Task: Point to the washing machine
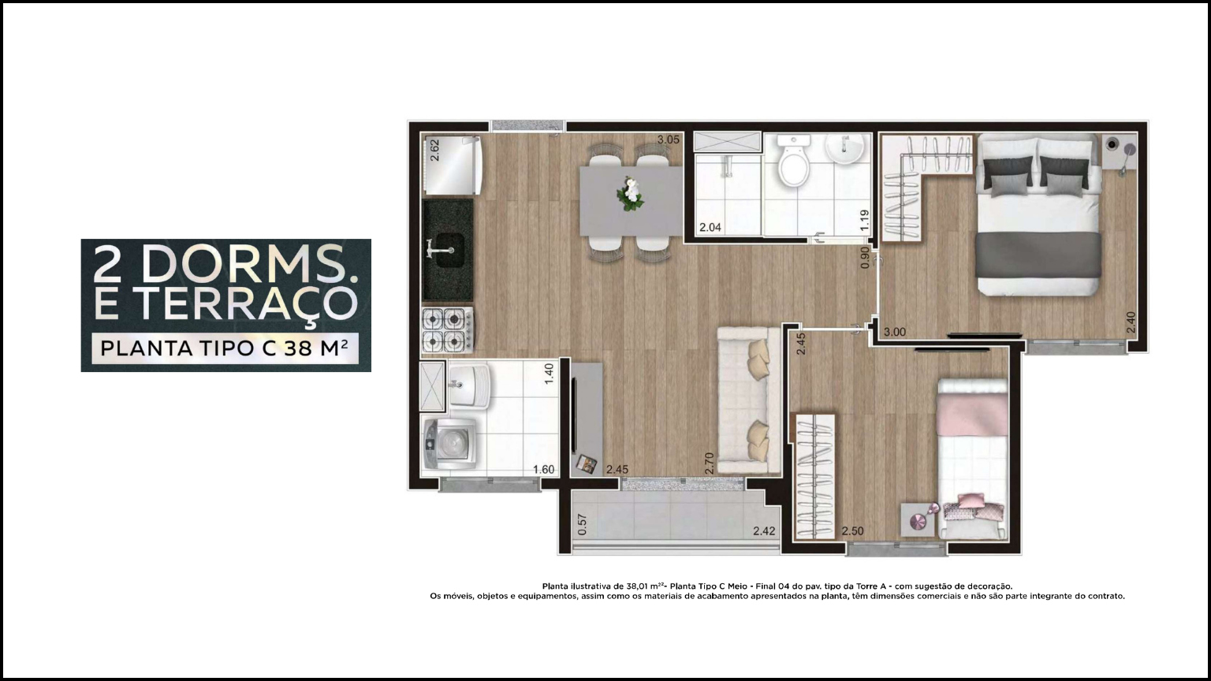[x=450, y=444]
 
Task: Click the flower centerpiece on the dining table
[x=631, y=193]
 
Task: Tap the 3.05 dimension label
[x=669, y=140]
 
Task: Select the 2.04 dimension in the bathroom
[x=710, y=228]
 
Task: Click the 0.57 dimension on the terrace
[x=582, y=524]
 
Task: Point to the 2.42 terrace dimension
[x=764, y=531]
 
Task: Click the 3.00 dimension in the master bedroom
[x=895, y=332]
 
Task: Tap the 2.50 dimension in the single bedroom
[x=852, y=531]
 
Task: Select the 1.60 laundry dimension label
[x=543, y=470]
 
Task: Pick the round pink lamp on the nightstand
[x=918, y=522]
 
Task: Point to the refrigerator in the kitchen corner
[x=453, y=166]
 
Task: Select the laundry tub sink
[x=468, y=385]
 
